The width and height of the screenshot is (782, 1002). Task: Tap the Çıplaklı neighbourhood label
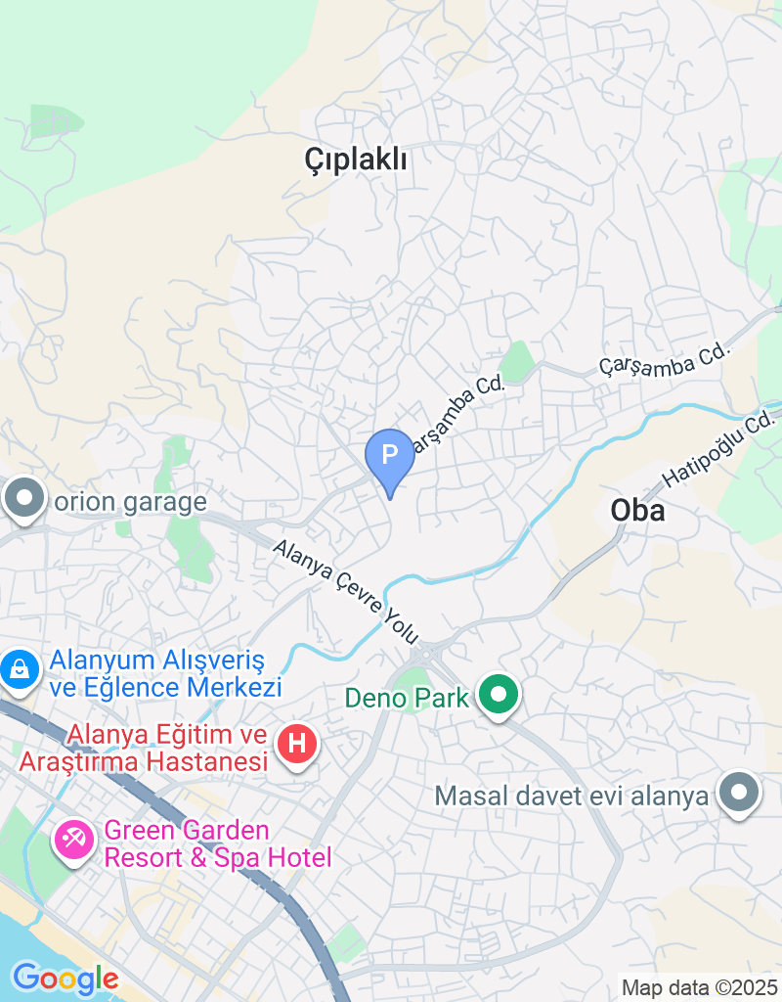tap(355, 159)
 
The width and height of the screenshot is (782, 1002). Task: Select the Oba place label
tap(637, 510)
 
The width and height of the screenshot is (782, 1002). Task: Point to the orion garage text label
tap(131, 503)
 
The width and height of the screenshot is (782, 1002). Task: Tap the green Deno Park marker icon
tap(500, 697)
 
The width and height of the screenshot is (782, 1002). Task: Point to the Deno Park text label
tap(408, 699)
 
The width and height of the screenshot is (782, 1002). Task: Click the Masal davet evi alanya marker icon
tap(739, 794)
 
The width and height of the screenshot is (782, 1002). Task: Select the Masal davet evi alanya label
tap(571, 796)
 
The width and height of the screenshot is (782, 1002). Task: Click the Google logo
tap(65, 979)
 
